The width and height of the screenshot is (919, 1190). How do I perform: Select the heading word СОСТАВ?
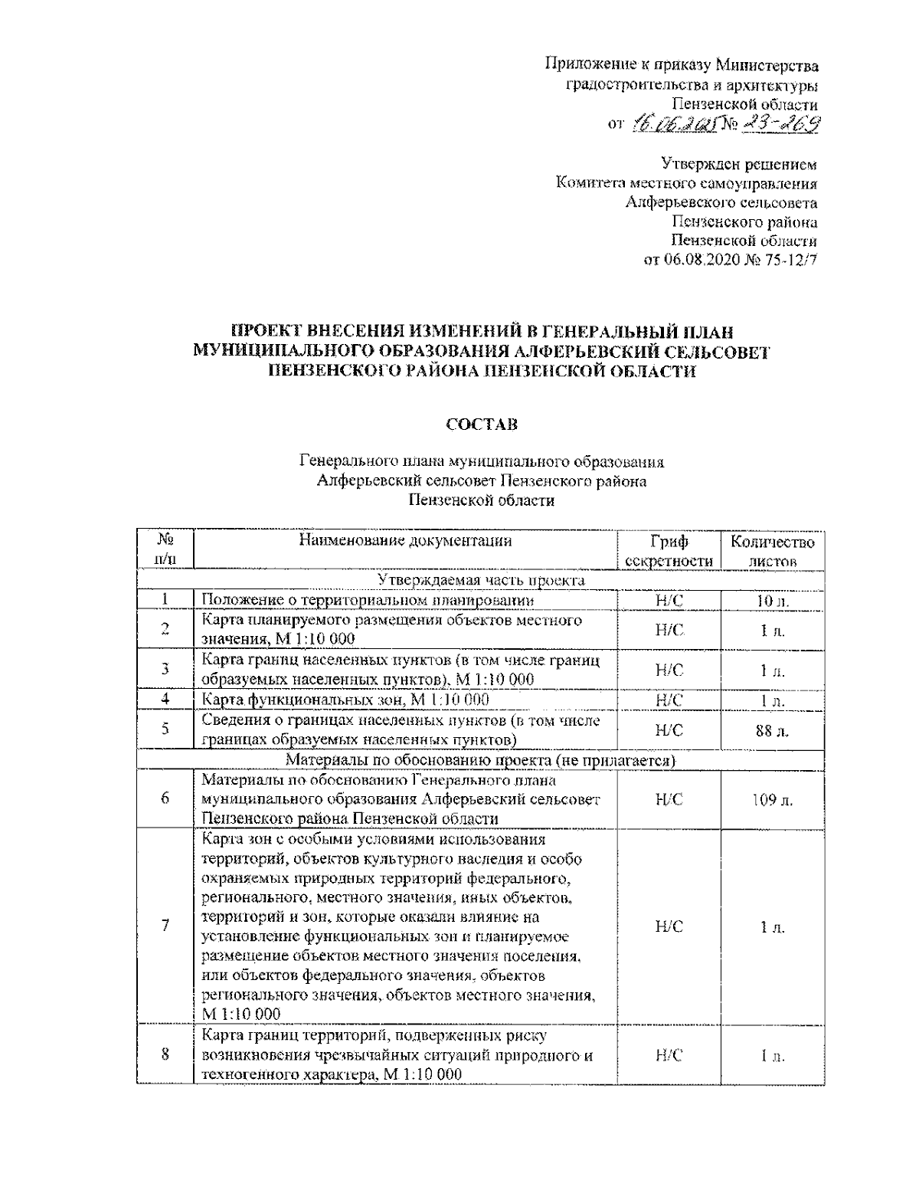click(x=481, y=424)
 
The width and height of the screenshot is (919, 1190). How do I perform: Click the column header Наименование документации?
click(x=405, y=542)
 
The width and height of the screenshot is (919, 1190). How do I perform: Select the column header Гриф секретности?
click(x=669, y=551)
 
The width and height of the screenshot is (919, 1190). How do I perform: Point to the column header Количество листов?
click(x=772, y=551)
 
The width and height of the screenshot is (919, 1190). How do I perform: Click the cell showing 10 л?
click(x=772, y=601)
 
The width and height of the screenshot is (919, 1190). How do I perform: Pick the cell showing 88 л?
click(x=772, y=731)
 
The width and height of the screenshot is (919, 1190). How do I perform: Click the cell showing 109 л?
click(x=772, y=799)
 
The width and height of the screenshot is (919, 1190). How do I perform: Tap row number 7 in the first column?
click(x=165, y=926)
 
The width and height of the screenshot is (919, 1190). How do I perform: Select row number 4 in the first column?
click(x=165, y=699)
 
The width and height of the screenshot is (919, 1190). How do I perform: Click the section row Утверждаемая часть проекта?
click(x=481, y=580)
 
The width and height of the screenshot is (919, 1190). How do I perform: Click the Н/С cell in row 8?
click(x=669, y=1055)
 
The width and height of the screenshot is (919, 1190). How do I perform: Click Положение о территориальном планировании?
click(x=368, y=601)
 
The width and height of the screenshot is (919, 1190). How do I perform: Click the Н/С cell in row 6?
click(x=669, y=799)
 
